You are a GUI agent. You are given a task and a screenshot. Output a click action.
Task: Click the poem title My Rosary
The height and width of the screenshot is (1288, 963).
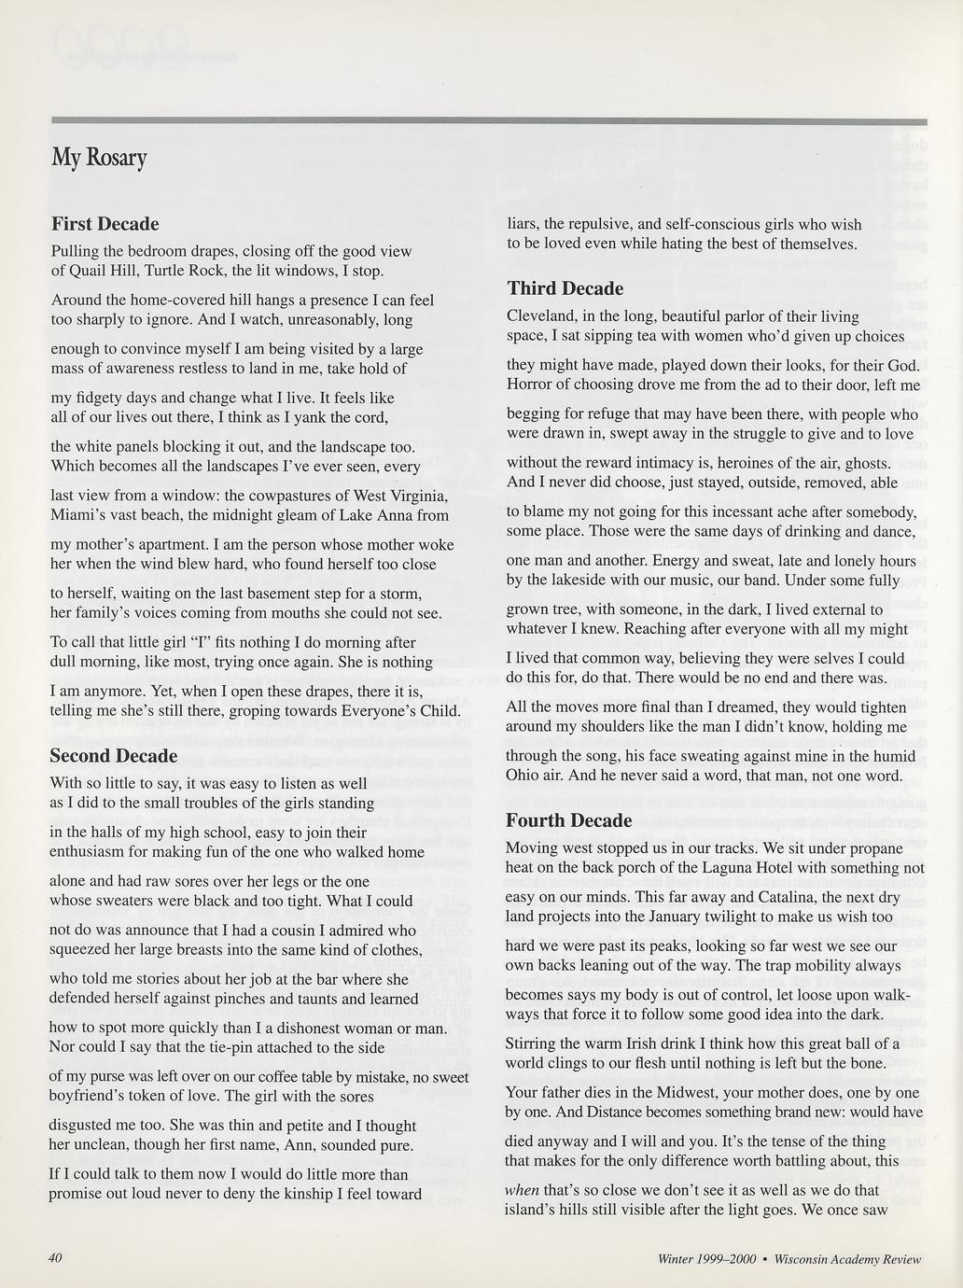(x=99, y=158)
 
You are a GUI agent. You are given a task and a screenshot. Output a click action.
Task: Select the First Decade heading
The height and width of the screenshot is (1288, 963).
(x=105, y=224)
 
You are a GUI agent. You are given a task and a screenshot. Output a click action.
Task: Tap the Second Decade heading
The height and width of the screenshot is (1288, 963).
(x=113, y=755)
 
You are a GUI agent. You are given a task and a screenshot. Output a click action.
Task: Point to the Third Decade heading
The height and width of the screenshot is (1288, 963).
(x=565, y=288)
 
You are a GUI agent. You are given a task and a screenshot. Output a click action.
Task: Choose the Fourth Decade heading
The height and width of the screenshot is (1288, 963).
(x=568, y=820)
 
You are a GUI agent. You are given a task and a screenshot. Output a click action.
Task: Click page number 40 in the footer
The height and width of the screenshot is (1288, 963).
(x=54, y=1258)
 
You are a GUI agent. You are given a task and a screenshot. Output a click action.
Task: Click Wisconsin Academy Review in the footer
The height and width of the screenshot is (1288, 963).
(x=848, y=1259)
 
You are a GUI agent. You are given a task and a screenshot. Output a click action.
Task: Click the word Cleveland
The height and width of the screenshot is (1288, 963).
(x=539, y=316)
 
